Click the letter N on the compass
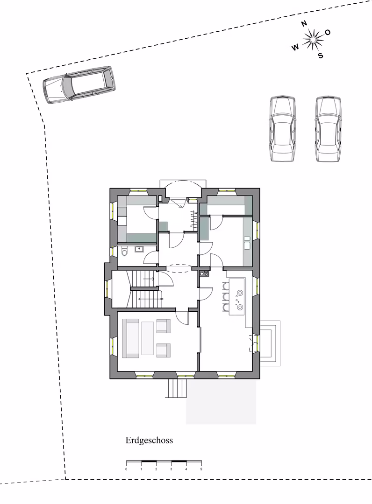[x=304, y=23]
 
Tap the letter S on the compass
[x=321, y=56]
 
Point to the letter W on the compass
[x=295, y=48]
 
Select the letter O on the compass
[x=328, y=32]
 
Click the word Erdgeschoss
[x=149, y=441]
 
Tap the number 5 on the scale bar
[x=201, y=469]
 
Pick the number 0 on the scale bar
[x=126, y=469]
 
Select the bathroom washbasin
[x=139, y=249]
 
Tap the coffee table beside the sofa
[x=147, y=338]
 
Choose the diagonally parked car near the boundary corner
[x=79, y=85]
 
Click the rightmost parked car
[x=328, y=129]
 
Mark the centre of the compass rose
[x=313, y=40]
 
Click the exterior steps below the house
[x=177, y=388]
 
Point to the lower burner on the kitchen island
[x=240, y=307]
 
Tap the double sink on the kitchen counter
[x=247, y=243]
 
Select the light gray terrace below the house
[x=221, y=401]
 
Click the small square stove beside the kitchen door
[x=204, y=274]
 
